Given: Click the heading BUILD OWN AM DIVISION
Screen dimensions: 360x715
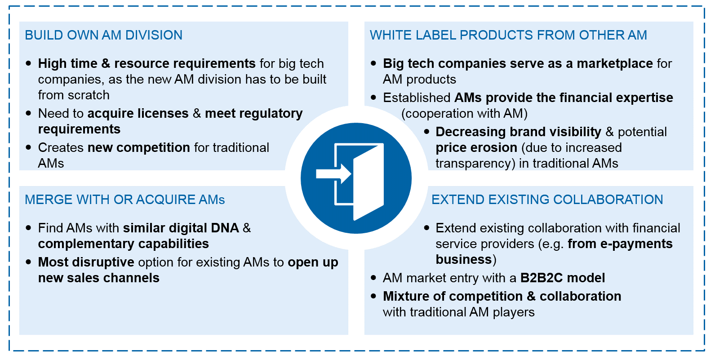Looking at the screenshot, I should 103,35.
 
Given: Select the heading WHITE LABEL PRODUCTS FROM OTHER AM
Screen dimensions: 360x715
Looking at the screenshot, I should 508,35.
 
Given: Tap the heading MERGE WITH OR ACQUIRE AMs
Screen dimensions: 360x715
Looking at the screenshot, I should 124,200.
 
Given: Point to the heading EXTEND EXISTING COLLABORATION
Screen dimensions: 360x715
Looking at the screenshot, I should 547,200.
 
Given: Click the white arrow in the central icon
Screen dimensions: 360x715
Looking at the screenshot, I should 333,173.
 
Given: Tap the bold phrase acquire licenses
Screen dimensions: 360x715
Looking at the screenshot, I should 138,113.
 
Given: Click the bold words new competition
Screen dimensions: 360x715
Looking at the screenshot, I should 139,147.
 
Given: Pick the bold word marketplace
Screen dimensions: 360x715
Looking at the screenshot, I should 614,63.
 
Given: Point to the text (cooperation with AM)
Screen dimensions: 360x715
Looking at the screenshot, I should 464,113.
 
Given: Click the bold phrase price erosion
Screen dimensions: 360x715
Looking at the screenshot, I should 476,147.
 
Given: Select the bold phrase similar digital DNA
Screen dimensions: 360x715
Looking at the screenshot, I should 181,228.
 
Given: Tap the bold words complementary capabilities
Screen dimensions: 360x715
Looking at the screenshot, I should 123,244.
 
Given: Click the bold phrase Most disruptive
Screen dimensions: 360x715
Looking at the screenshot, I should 86,262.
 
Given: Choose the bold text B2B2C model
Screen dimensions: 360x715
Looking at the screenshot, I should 562,278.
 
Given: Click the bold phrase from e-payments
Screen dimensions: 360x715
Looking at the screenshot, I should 620,244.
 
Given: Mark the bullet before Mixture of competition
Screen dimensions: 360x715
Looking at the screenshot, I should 373,296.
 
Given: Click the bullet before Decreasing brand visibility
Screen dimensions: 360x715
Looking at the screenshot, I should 426,132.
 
